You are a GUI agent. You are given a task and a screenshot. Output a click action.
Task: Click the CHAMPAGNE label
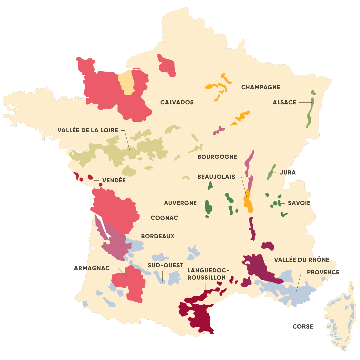(x=261, y=87)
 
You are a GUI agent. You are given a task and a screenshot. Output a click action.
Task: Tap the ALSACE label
(x=284, y=102)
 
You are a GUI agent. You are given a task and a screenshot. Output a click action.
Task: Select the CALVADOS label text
(x=177, y=102)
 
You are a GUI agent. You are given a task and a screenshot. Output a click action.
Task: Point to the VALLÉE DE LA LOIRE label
(x=88, y=130)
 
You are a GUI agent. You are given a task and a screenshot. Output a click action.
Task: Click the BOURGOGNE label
(x=217, y=157)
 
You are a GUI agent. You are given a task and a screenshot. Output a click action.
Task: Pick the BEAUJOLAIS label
(x=216, y=177)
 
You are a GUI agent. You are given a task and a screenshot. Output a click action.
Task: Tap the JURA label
(x=287, y=173)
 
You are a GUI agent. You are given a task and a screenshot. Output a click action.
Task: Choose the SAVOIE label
(x=299, y=203)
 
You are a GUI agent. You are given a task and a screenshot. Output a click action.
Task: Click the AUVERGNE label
(x=180, y=203)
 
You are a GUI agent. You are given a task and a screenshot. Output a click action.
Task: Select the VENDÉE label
(x=114, y=180)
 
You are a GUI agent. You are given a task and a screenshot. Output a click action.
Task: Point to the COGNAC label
(x=164, y=218)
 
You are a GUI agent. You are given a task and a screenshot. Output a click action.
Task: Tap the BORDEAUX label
(x=158, y=236)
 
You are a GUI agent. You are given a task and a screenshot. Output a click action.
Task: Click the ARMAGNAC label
(x=92, y=268)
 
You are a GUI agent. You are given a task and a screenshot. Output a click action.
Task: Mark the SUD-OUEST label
(x=165, y=265)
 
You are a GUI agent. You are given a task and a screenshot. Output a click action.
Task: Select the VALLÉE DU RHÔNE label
(x=301, y=260)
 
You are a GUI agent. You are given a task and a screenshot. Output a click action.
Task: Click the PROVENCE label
(x=323, y=272)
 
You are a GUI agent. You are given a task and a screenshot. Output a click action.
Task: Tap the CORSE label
(x=303, y=327)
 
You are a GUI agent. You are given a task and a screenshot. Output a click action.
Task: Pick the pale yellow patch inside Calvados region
(x=127, y=82)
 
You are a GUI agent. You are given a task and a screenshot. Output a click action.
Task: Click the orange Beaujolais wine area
(x=248, y=202)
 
